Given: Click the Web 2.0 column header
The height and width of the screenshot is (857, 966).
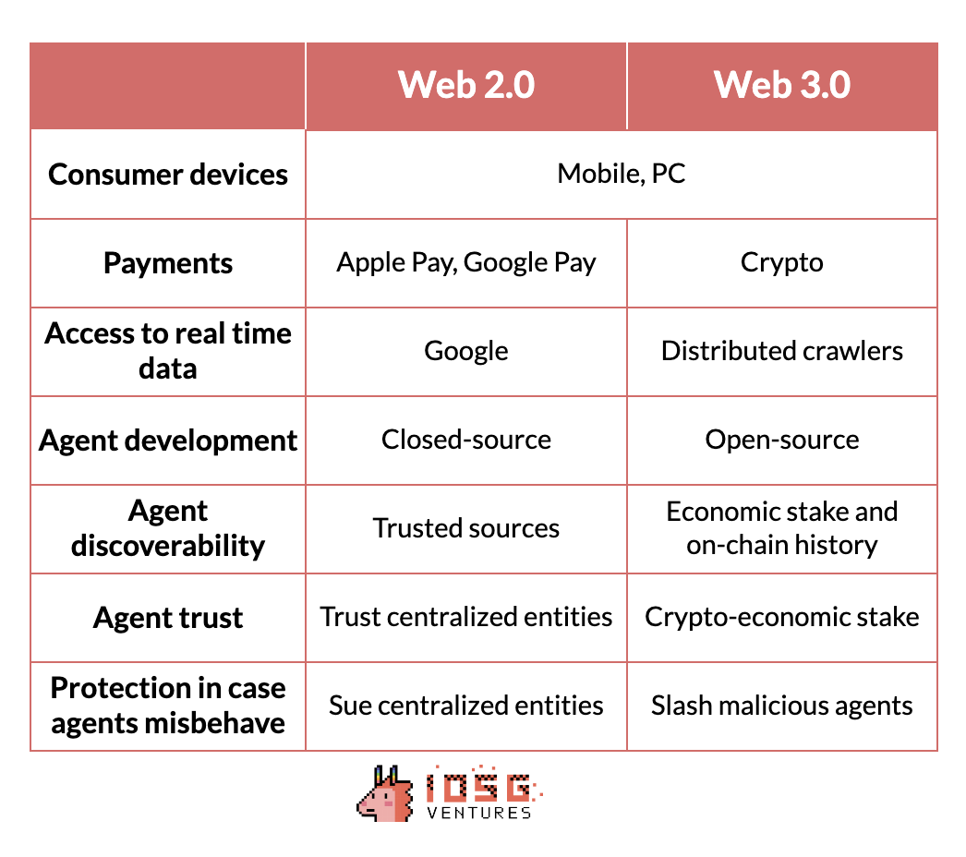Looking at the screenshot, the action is [466, 84].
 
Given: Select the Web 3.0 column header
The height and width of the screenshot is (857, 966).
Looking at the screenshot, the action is [782, 84].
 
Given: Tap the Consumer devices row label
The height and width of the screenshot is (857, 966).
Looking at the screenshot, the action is [167, 175].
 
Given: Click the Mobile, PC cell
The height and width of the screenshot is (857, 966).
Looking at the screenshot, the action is [621, 174].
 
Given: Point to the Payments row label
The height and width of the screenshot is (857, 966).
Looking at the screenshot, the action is [167, 264].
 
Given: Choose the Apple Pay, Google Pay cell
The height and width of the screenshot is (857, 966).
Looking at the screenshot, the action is [466, 262].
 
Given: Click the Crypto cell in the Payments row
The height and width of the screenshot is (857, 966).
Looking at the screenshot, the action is [782, 262].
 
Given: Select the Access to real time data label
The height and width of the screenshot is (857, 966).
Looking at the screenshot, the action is [167, 351].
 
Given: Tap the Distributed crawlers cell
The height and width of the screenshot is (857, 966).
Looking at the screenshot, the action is [782, 351].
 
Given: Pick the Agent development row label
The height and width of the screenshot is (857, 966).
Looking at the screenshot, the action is [167, 441].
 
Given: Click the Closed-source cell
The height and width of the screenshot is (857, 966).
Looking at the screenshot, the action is [466, 440].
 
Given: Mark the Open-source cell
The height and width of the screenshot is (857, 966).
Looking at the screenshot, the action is [782, 440].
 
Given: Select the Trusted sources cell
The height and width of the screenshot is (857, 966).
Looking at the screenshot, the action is [466, 528].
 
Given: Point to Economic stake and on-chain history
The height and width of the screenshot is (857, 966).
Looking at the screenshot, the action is [782, 528].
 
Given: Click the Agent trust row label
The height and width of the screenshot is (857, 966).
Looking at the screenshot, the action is [167, 617].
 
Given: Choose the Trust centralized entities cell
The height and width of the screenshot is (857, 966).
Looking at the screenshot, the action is [466, 617].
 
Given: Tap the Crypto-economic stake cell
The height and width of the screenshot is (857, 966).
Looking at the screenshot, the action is [782, 617].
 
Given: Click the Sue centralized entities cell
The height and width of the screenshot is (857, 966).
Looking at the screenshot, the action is [466, 706].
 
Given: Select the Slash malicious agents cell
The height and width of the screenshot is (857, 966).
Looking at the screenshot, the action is [782, 706].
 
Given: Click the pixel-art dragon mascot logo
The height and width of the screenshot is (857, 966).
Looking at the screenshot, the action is [385, 793].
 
